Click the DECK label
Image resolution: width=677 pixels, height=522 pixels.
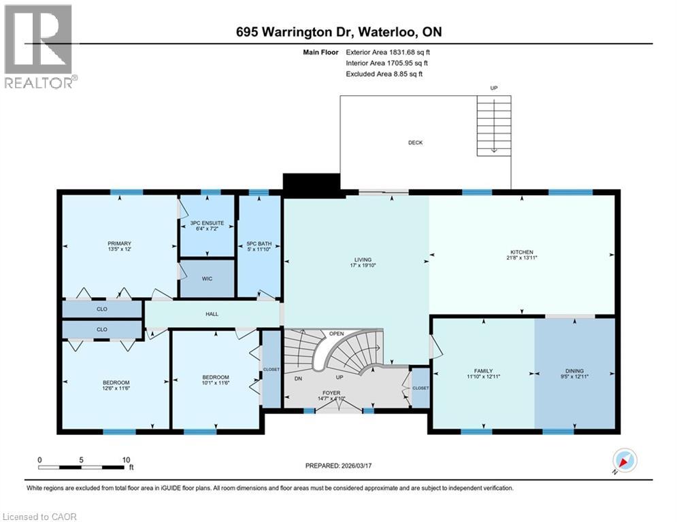tap(415, 143)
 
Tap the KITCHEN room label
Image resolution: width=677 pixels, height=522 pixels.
tap(523, 252)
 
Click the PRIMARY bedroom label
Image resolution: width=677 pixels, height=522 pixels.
tap(118, 243)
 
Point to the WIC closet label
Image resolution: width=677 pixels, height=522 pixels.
tap(207, 279)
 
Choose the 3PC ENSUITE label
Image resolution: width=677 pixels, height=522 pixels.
tap(207, 223)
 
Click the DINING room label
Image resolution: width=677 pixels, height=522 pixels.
tap(574, 370)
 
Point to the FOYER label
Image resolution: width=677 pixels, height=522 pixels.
tap(331, 393)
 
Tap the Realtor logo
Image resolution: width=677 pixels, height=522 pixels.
tap(39, 46)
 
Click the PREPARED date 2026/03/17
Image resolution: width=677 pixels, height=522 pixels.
tap(338, 466)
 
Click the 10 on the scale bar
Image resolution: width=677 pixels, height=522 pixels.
tap(126, 459)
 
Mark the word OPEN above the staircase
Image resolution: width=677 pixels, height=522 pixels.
tap(336, 334)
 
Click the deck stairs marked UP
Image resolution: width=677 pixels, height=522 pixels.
tap(494, 122)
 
